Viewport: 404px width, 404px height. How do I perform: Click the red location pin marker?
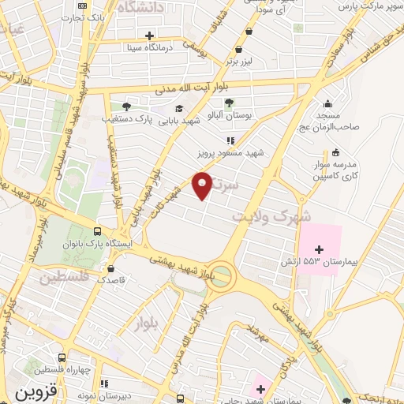[x=203, y=186]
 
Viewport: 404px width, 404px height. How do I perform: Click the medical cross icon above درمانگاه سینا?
[x=149, y=35]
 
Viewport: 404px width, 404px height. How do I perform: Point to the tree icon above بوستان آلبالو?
[x=229, y=103]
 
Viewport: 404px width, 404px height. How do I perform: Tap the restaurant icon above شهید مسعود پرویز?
[x=231, y=140]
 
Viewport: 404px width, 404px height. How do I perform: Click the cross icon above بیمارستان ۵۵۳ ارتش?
[x=319, y=249]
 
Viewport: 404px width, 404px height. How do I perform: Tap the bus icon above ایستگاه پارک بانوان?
[x=96, y=232]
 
